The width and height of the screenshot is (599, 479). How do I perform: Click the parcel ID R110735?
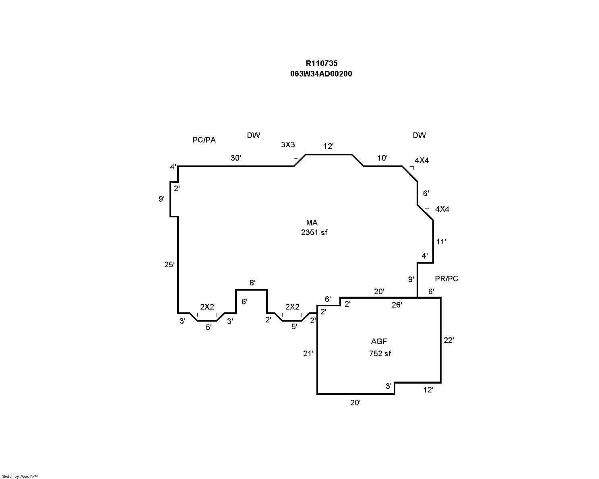tap(321, 63)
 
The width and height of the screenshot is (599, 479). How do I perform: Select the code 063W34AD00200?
tap(321, 74)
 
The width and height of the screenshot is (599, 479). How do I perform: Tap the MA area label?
tap(312, 223)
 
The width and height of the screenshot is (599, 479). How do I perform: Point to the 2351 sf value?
tap(314, 232)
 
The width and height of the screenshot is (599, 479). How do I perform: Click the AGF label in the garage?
tap(379, 341)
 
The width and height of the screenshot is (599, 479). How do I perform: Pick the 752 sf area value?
tap(380, 353)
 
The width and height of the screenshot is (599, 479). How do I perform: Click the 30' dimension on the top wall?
tap(236, 158)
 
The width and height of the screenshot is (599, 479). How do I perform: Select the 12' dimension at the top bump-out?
tap(328, 146)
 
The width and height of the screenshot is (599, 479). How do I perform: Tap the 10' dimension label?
tap(382, 158)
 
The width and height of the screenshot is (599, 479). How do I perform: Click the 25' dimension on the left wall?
tap(169, 264)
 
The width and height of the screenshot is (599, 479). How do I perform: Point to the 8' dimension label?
tap(252, 283)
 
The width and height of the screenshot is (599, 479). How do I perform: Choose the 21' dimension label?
tap(308, 353)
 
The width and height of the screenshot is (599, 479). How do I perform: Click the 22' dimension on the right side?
tap(449, 340)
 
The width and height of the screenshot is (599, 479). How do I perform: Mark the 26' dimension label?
tap(397, 305)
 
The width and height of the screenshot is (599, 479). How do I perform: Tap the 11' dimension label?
tap(441, 242)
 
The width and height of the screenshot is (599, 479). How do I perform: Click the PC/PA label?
tap(204, 140)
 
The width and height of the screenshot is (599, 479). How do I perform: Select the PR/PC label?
tap(446, 279)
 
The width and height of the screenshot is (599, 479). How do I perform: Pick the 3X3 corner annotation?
tap(288, 145)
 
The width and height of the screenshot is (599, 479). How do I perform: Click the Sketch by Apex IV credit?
tap(20, 476)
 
